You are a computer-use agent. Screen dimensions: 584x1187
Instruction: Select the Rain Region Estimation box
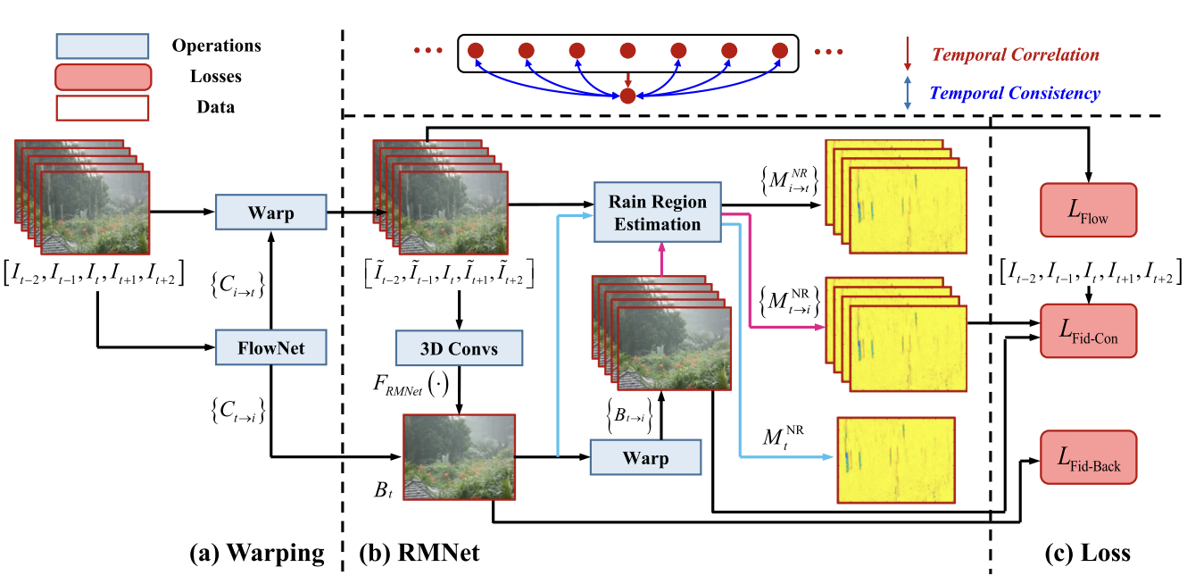coord(657,212)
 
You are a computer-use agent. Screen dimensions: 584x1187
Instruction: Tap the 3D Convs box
coord(459,347)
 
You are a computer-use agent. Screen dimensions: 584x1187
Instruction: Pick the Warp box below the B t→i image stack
coord(644,459)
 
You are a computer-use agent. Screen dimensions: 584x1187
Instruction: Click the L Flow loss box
coord(1087,211)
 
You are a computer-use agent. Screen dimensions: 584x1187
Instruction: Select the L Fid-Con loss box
coord(1087,331)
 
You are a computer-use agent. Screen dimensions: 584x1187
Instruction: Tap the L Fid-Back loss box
coord(1087,457)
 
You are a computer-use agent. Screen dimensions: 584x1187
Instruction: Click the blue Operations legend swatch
coord(101,46)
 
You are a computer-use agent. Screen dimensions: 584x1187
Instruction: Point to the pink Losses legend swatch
coord(101,77)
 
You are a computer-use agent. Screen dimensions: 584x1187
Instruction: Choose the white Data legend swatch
coord(101,107)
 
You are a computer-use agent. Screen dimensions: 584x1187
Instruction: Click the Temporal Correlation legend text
coord(1016,55)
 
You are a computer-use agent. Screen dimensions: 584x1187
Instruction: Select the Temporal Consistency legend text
coord(1016,93)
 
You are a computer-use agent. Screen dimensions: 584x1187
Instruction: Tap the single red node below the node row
coord(627,96)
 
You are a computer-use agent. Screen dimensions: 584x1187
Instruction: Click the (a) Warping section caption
coord(257,554)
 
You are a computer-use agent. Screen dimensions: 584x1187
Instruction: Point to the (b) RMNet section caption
coord(419,554)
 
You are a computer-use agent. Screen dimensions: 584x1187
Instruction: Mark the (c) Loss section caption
coord(1087,554)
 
